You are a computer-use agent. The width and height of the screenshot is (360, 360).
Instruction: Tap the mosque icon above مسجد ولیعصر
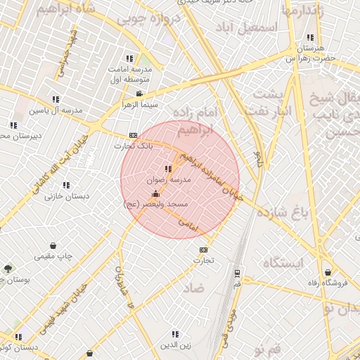(155, 193)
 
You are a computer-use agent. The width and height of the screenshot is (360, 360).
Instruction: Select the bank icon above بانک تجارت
(132, 136)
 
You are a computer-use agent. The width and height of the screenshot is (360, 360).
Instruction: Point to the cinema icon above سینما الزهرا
(139, 94)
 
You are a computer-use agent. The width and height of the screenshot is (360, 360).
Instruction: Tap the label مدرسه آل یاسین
(56, 110)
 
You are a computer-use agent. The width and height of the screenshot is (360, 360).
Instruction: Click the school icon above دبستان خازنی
(65, 185)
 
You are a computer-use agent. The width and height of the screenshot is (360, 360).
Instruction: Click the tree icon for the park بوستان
(8, 269)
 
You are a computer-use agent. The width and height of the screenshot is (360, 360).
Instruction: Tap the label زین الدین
(175, 345)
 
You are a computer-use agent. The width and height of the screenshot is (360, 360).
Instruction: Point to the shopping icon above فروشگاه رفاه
(328, 272)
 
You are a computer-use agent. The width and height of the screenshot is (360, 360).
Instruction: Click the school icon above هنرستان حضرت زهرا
(309, 38)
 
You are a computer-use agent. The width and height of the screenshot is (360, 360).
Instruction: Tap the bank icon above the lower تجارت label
(203, 250)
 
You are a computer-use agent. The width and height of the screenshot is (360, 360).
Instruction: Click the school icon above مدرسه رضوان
(167, 169)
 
